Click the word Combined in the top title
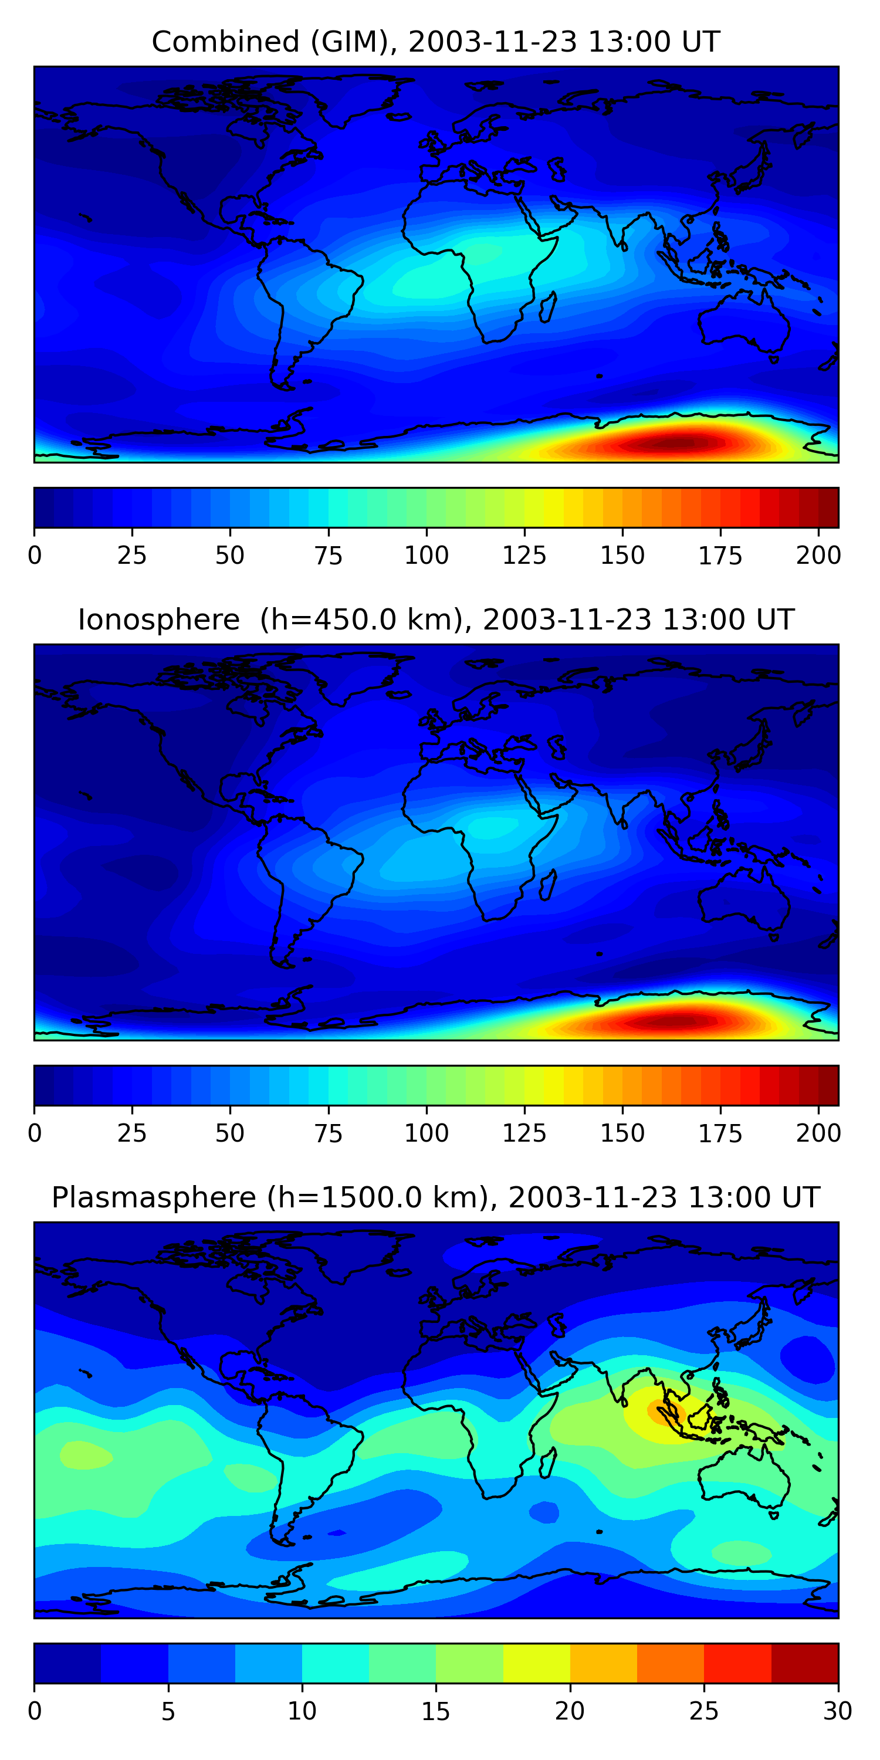(225, 42)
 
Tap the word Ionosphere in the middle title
(158, 620)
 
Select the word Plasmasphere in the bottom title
(153, 1198)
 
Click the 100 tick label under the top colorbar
(427, 556)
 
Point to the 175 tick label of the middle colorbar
(719, 1133)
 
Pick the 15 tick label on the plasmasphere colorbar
(435, 1711)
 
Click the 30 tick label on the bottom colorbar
(837, 1711)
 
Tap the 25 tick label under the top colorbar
(132, 556)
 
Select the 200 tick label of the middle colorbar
(818, 1133)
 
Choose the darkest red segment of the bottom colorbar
(804, 1664)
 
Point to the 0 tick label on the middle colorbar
(35, 1133)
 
